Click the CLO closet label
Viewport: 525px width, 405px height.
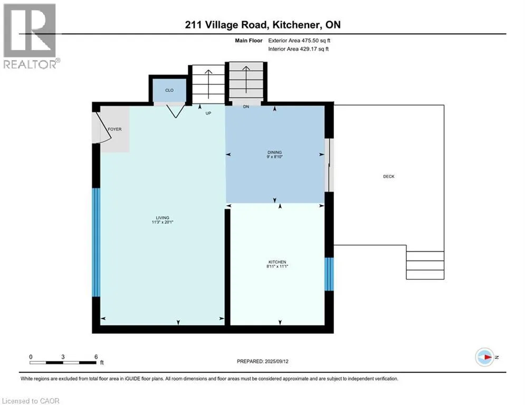pyautogui.click(x=169, y=90)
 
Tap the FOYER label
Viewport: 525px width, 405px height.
pyautogui.click(x=114, y=129)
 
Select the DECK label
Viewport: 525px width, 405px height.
pyautogui.click(x=389, y=176)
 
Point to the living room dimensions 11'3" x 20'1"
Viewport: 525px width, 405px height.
pyautogui.click(x=163, y=222)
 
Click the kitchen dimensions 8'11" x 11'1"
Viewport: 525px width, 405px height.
pyautogui.click(x=277, y=266)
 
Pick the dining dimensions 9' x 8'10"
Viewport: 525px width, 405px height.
pyautogui.click(x=274, y=157)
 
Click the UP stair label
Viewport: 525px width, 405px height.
pyautogui.click(x=208, y=113)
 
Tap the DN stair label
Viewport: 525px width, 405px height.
pyautogui.click(x=246, y=107)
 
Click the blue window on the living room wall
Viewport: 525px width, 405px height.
pyautogui.click(x=96, y=243)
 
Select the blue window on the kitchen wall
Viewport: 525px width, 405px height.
pyautogui.click(x=329, y=274)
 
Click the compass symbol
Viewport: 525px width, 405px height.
pyautogui.click(x=484, y=357)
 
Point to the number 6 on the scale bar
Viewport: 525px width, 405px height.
pyautogui.click(x=96, y=357)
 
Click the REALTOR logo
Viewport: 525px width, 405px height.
pyautogui.click(x=30, y=36)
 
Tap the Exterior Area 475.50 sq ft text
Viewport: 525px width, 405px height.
pyautogui.click(x=299, y=41)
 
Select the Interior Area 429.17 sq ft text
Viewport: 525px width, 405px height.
pyautogui.click(x=298, y=49)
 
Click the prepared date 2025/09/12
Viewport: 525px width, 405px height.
pyautogui.click(x=276, y=361)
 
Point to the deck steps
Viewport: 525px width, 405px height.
pyautogui.click(x=425, y=265)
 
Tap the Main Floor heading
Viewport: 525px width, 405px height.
pyautogui.click(x=249, y=41)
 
